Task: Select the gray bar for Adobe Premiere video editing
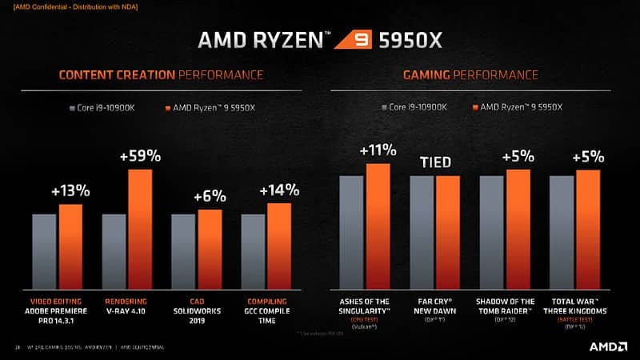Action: (44, 251)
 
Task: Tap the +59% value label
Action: (140, 157)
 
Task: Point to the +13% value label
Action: (70, 191)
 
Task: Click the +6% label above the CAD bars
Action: (210, 197)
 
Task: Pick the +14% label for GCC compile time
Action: (279, 190)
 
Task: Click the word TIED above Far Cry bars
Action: (436, 163)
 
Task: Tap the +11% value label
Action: (378, 150)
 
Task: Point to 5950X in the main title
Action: (408, 38)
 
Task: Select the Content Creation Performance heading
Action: (161, 75)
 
